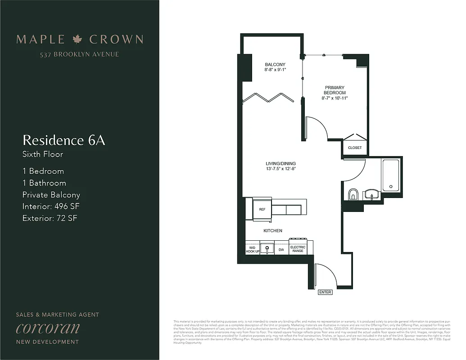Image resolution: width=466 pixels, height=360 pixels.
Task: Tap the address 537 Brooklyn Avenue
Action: click(x=80, y=54)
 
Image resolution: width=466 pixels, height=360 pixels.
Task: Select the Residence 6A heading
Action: click(x=63, y=140)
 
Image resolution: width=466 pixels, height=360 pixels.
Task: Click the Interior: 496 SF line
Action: click(x=51, y=207)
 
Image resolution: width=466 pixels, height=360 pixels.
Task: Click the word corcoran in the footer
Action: click(x=48, y=328)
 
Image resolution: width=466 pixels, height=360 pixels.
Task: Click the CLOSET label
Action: click(x=355, y=148)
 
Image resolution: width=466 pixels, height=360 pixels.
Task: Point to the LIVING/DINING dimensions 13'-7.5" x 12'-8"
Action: click(x=281, y=169)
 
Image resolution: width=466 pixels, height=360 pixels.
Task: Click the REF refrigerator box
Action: click(x=262, y=209)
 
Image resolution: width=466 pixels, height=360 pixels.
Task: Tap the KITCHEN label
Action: click(x=273, y=231)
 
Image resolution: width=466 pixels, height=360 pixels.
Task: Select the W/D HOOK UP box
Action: click(x=252, y=249)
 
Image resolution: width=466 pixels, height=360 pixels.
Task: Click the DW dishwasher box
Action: click(x=281, y=249)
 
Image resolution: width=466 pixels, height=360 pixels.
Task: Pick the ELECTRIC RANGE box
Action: click(x=298, y=249)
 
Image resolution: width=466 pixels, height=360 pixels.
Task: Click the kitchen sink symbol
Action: click(x=267, y=249)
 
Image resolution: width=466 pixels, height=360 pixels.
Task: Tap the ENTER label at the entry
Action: click(x=325, y=292)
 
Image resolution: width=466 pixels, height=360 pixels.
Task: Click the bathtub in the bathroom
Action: click(x=390, y=175)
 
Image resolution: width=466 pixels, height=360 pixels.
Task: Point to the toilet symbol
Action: click(x=353, y=194)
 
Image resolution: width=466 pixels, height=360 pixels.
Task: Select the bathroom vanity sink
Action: click(x=371, y=194)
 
